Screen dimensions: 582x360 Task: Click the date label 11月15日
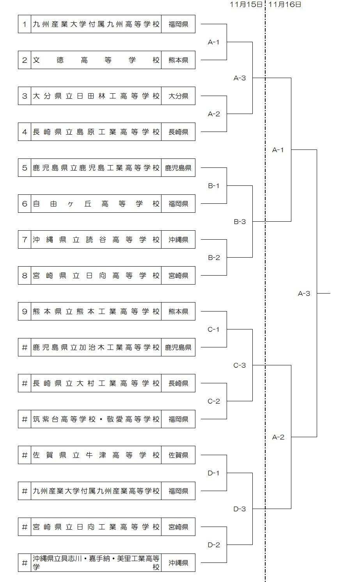246,4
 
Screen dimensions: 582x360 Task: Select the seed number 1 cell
25,24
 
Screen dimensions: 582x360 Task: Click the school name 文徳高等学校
96,60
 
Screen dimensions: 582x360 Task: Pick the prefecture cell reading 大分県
178,96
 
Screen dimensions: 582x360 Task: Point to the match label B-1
213,186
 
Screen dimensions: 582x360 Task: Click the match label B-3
239,222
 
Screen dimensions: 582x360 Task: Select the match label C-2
214,401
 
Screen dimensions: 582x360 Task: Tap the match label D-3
239,509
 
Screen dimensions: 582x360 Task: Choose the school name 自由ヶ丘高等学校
96,204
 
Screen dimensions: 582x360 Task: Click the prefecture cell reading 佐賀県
178,455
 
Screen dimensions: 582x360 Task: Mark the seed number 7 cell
25,240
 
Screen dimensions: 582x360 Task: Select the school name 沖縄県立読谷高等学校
96,240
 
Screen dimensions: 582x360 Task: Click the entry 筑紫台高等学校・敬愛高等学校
96,419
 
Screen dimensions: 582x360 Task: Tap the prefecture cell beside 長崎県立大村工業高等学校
178,383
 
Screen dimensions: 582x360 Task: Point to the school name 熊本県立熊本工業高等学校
96,311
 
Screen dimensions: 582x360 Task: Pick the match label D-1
213,473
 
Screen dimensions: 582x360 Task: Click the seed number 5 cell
25,168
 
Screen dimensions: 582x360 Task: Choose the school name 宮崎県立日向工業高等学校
96,527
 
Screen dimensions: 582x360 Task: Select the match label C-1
213,329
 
